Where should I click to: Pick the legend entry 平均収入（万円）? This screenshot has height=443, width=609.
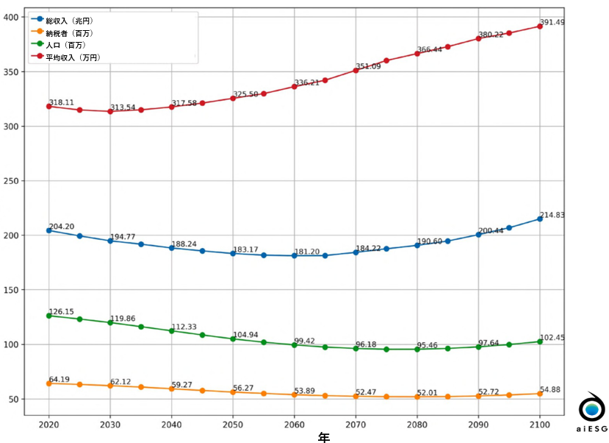pyautogui.click(x=71, y=57)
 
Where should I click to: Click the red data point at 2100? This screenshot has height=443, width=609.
pyautogui.click(x=540, y=26)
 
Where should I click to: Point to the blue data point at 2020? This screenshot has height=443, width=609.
pyautogui.click(x=49, y=230)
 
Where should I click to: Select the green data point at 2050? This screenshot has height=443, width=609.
pyautogui.click(x=233, y=339)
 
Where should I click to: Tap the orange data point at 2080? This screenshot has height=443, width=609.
pyautogui.click(x=417, y=397)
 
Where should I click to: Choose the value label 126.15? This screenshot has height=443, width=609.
pyautogui.click(x=62, y=311)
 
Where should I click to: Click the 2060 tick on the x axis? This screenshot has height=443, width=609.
pyautogui.click(x=295, y=425)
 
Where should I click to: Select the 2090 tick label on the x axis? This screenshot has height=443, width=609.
pyautogui.click(x=478, y=425)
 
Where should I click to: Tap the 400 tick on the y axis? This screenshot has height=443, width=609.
pyautogui.click(x=13, y=17)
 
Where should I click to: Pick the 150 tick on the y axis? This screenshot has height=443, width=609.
pyautogui.click(x=13, y=290)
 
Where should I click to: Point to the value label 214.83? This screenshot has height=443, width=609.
pyautogui.click(x=553, y=214)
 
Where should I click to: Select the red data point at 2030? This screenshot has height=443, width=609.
pyautogui.click(x=110, y=111)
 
